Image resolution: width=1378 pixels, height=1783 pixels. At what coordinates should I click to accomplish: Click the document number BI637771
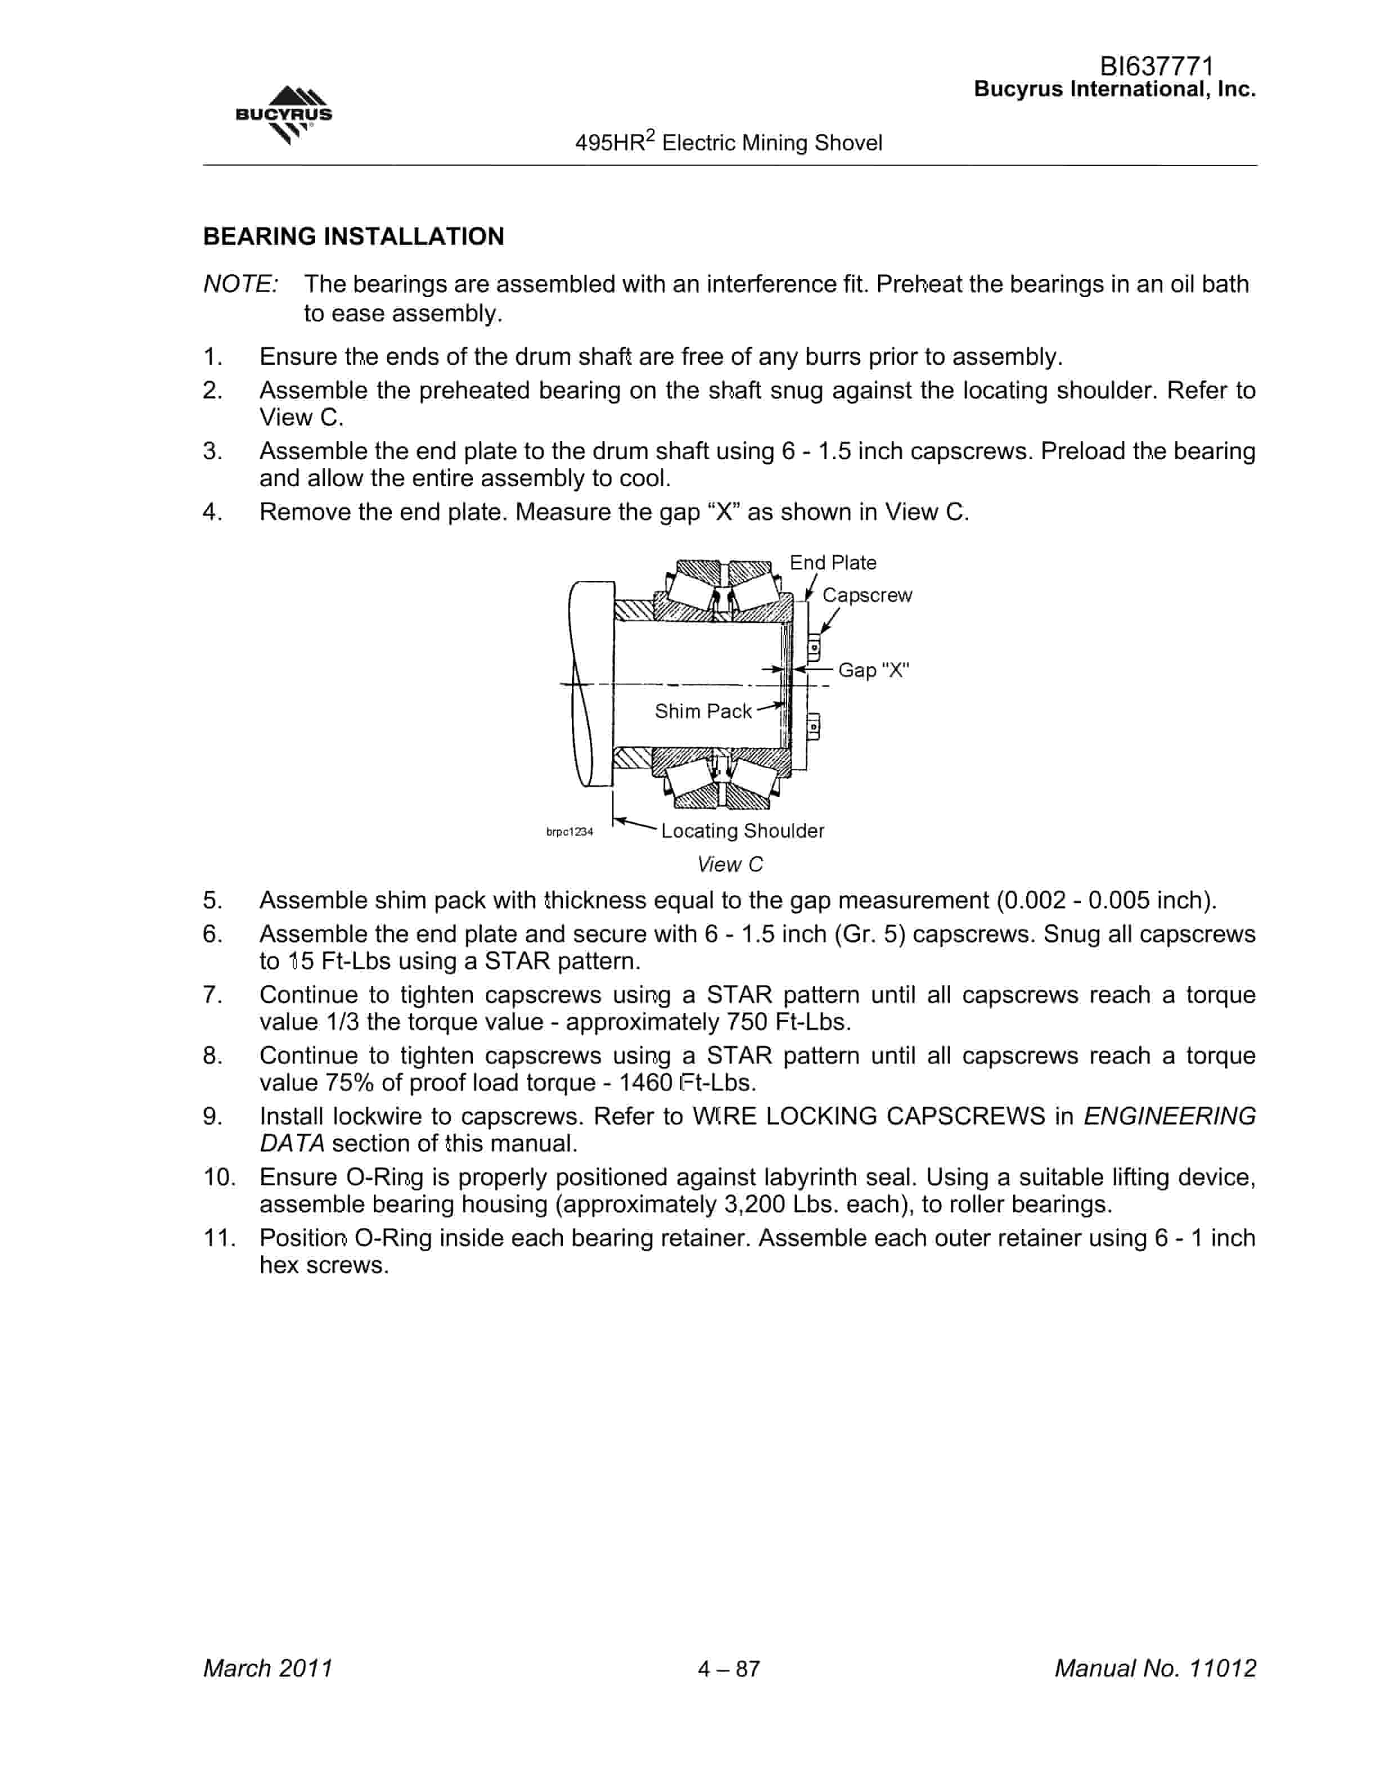click(1157, 65)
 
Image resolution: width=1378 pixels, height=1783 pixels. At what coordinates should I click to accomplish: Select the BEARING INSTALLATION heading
click(354, 237)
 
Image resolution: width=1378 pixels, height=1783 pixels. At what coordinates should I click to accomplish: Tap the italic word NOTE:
click(241, 284)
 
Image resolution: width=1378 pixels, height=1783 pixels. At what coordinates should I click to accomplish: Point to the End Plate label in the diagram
click(833, 562)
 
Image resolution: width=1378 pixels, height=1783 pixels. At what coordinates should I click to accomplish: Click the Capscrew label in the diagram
click(867, 595)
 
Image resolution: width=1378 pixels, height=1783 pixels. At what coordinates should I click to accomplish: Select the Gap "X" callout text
click(874, 670)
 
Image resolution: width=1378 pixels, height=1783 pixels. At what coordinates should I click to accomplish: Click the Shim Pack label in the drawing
click(703, 711)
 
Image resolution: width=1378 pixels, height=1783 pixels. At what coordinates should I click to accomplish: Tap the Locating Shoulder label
click(743, 831)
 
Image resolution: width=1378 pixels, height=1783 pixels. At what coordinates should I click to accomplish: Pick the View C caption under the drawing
click(730, 864)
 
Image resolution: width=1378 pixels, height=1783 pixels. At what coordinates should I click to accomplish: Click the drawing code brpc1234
click(569, 832)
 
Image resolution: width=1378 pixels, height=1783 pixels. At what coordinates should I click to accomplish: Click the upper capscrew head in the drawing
click(813, 648)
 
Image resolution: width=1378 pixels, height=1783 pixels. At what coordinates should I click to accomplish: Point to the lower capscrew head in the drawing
click(813, 727)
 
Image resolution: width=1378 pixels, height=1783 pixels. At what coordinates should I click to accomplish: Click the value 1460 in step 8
click(645, 1083)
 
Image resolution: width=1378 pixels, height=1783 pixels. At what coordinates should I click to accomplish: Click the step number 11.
click(220, 1238)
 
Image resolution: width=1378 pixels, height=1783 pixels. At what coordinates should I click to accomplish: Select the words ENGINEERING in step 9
click(1169, 1117)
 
